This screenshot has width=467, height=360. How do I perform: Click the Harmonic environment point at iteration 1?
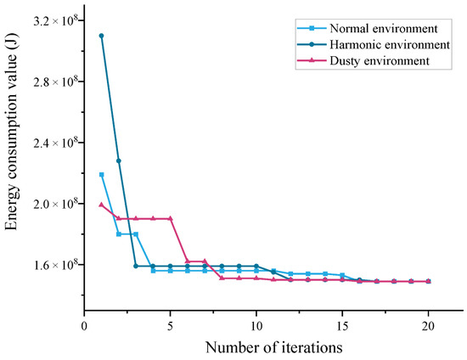pos(101,36)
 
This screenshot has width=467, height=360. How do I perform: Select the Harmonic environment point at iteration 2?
pos(119,160)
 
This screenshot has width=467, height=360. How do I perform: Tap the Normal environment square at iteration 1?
pos(101,175)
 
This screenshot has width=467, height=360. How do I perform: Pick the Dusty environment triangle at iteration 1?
pos(101,204)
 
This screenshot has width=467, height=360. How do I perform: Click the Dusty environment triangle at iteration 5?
pos(171,218)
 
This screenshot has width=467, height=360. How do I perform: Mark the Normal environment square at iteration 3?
pos(136,234)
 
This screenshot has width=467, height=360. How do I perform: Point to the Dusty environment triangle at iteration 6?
pos(188,262)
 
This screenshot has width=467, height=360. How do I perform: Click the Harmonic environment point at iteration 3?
pos(136,266)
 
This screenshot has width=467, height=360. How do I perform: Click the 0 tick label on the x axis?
pos(84,324)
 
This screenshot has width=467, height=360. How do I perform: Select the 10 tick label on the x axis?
pos(256,324)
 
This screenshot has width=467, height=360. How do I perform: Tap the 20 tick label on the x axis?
pos(429,324)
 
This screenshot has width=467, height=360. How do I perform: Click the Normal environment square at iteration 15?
pos(342,275)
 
